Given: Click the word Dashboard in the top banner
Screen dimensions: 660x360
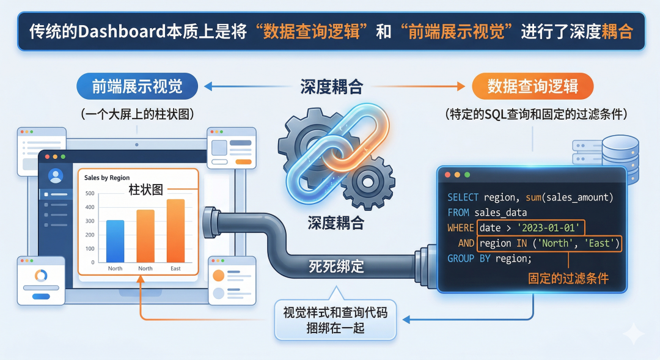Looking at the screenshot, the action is (x=122, y=32).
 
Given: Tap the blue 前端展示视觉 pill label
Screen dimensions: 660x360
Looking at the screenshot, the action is (x=137, y=87).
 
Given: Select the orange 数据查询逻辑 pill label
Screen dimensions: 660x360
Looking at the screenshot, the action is (x=532, y=87).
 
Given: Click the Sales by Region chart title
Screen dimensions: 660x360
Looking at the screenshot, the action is (x=107, y=178).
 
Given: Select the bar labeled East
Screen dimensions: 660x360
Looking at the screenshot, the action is (x=175, y=230).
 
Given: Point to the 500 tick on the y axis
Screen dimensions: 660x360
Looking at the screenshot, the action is (x=90, y=194).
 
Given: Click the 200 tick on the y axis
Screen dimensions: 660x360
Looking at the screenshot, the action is (x=90, y=235).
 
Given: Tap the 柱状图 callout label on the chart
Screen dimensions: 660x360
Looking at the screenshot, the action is (x=146, y=189).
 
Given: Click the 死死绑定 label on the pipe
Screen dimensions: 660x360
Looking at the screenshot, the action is (x=336, y=266).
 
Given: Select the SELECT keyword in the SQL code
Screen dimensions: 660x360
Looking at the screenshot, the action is (x=463, y=197).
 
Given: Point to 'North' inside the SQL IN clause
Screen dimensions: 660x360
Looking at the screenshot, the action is (x=555, y=243).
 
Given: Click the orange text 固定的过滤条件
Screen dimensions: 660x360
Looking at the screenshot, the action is (x=568, y=279).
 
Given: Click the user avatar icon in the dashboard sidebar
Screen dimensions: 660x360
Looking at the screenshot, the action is (x=56, y=176).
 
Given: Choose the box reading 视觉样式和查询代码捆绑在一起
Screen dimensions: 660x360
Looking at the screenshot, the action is (x=335, y=320).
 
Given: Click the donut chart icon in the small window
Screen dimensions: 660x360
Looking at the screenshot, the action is (x=41, y=274).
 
